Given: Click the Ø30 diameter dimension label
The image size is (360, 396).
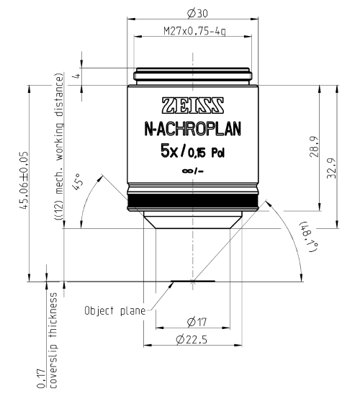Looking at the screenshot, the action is click(x=197, y=13).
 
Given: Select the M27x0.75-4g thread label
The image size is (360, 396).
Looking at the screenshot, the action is click(x=194, y=31).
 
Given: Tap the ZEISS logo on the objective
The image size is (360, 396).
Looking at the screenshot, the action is click(x=193, y=106).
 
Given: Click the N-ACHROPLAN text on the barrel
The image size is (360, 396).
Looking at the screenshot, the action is click(x=193, y=129).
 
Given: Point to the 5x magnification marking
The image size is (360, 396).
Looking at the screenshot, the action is click(x=169, y=152).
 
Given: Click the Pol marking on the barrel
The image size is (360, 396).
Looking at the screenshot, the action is click(x=217, y=153).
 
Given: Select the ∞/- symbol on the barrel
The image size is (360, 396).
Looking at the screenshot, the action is click(x=193, y=171).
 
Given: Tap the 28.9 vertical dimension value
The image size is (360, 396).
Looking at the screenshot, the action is click(x=314, y=147).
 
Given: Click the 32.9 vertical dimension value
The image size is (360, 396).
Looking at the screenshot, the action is click(x=331, y=168).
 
